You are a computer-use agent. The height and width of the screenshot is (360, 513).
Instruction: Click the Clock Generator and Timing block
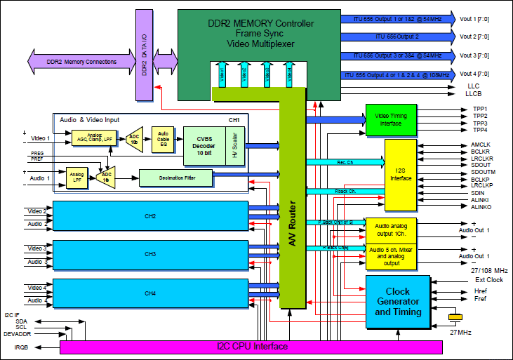click(398, 302)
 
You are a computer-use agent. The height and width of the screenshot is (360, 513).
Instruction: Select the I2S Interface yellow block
click(401, 174)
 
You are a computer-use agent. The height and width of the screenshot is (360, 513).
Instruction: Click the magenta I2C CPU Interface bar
click(251, 347)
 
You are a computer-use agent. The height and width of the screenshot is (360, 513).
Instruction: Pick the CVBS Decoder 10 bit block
click(205, 145)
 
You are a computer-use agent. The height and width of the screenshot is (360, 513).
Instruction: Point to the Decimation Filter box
click(176, 179)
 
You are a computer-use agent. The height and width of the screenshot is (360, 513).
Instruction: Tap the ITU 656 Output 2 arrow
click(397, 36)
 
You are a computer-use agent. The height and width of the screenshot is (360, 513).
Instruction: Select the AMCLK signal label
click(480, 145)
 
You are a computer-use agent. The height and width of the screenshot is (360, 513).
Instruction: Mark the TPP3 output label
click(480, 123)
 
